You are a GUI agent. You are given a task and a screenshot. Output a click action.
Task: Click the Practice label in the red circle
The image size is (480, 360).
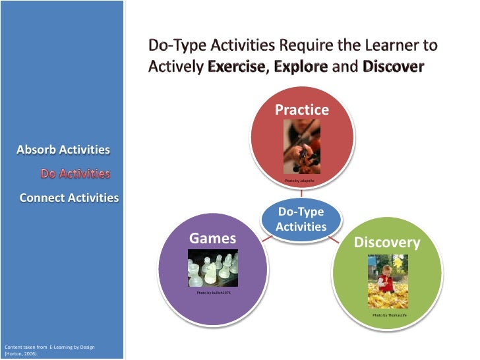point(301,109)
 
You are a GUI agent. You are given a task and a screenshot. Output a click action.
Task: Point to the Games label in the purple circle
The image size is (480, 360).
point(213,239)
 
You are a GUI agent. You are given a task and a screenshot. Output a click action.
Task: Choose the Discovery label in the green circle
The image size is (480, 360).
point(386,243)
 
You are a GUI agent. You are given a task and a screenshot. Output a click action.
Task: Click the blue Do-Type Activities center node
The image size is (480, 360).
point(301,219)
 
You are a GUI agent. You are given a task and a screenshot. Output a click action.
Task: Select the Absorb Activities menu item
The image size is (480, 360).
point(63,150)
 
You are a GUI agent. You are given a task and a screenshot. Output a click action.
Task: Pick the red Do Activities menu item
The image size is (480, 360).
point(75,174)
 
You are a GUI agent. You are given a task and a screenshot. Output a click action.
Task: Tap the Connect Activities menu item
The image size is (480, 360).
point(69,198)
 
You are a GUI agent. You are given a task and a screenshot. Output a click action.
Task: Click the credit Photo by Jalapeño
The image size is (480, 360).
point(300,181)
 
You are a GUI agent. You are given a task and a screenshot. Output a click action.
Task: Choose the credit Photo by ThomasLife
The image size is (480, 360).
point(390,316)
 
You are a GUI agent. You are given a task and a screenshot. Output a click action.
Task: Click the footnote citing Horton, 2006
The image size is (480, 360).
point(49,350)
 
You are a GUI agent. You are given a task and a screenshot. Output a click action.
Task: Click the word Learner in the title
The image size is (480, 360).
point(377,46)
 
